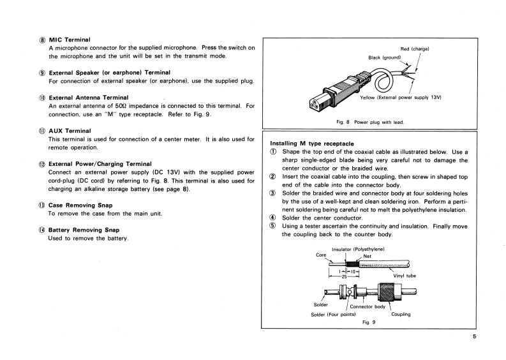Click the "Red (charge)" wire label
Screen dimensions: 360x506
tap(415, 49)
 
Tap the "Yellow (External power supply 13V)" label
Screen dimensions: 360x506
tap(401, 97)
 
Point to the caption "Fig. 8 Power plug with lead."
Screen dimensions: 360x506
tap(371, 122)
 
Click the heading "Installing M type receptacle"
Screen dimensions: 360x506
tap(312, 143)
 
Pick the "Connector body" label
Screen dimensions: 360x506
tap(367, 307)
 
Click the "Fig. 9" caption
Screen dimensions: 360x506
tap(368, 324)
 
